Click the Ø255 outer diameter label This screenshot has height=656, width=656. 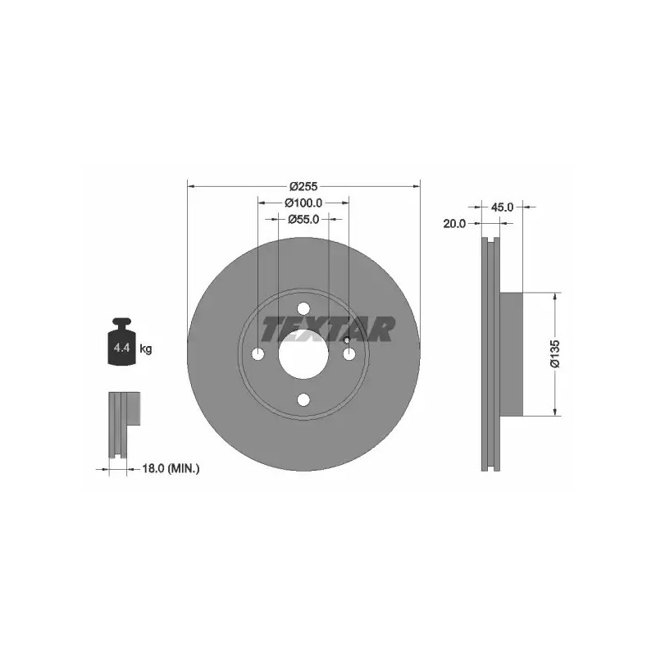click(x=303, y=186)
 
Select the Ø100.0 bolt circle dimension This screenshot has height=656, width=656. click(x=303, y=203)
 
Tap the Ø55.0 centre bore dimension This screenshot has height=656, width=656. click(x=303, y=219)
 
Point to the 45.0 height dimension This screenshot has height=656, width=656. click(x=502, y=207)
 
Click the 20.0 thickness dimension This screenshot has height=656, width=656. click(x=454, y=224)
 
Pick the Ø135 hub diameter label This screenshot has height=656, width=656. click(x=556, y=354)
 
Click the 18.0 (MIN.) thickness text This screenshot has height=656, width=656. click(x=171, y=469)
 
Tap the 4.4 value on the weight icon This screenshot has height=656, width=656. click(x=121, y=347)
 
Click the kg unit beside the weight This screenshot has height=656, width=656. click(x=146, y=348)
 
